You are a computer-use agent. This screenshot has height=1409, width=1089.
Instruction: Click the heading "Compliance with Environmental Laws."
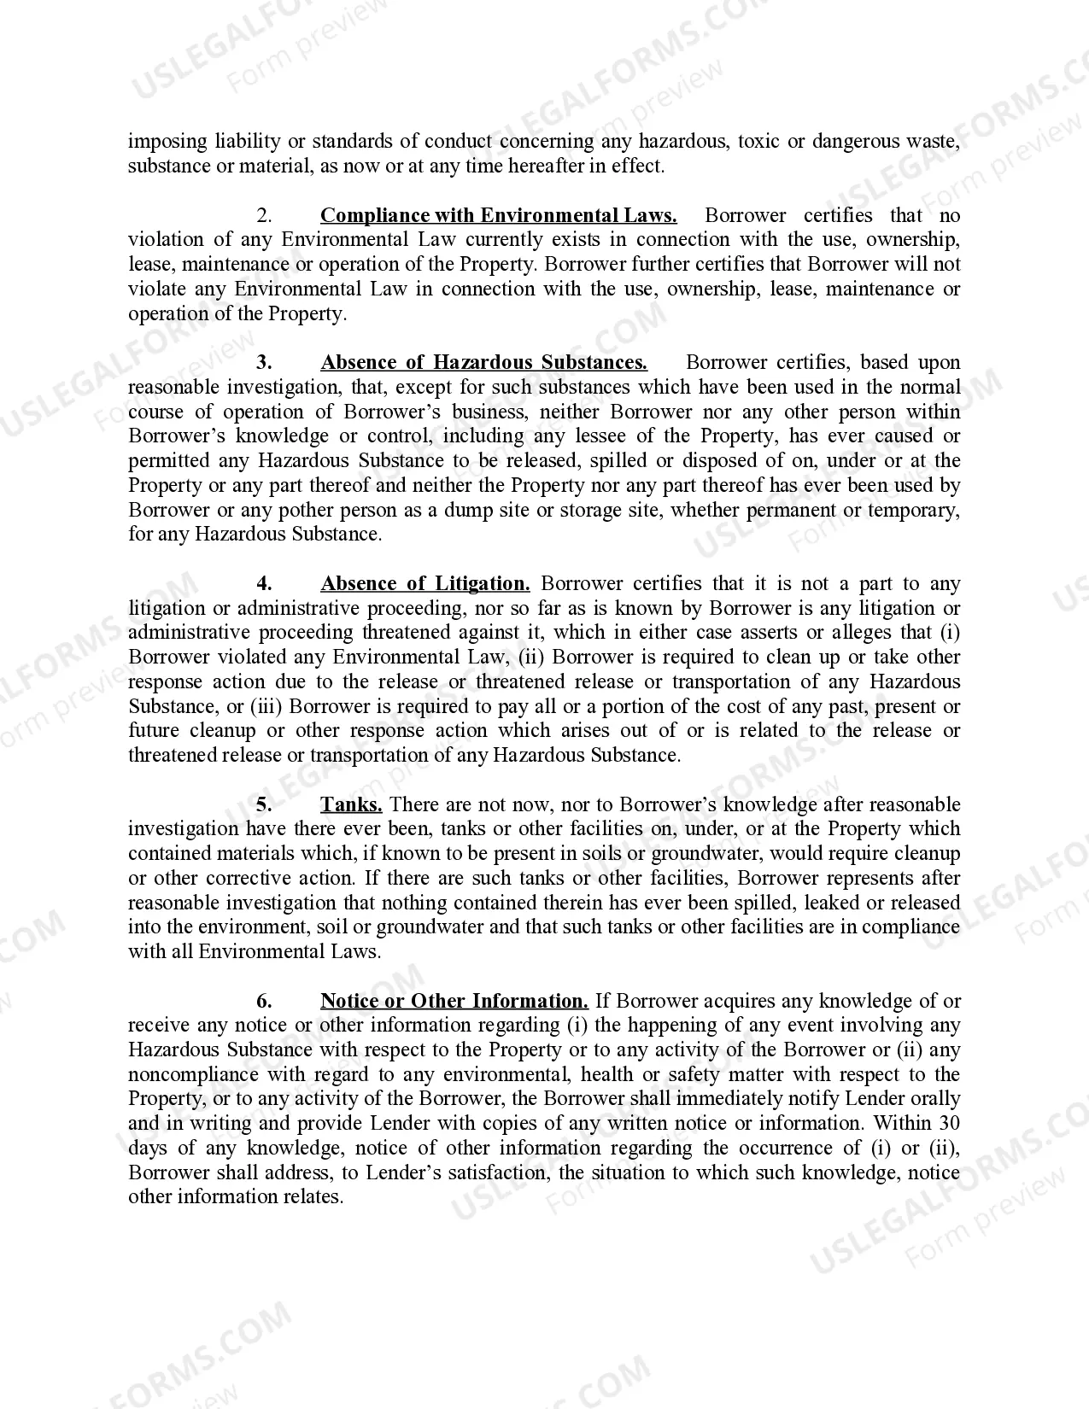[498, 215]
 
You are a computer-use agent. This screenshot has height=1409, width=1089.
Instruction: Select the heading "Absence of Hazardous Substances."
[483, 362]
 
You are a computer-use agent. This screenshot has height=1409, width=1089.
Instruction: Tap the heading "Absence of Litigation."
[424, 583]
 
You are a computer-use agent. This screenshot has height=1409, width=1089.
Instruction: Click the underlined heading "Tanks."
[351, 804]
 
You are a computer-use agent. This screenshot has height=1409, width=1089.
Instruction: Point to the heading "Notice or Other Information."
[454, 1001]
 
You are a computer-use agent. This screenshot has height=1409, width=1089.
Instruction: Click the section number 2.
[265, 215]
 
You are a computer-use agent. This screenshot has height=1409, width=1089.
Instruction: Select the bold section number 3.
[265, 362]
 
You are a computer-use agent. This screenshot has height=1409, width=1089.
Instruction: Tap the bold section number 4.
[265, 583]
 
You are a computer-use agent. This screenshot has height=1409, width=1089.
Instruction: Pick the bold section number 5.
[265, 804]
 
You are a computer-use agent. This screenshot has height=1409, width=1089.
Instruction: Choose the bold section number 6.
[265, 1001]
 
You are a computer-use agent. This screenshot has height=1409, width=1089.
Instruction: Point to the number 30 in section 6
[949, 1123]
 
